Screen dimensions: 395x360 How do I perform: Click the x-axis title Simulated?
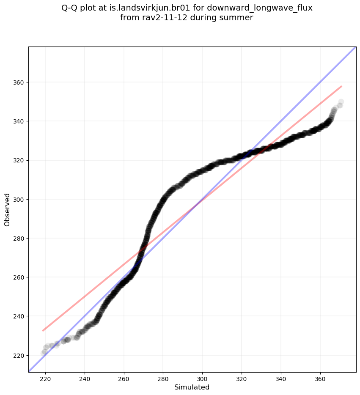pyautogui.click(x=192, y=387)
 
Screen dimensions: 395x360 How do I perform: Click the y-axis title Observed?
pyautogui.click(x=7, y=209)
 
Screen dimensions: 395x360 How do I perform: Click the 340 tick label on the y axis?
pyautogui.click(x=19, y=121)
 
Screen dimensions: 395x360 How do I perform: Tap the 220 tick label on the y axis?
pyautogui.click(x=19, y=355)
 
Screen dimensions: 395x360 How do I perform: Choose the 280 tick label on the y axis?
pyautogui.click(x=19, y=238)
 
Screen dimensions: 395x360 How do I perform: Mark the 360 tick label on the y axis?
pyautogui.click(x=19, y=82)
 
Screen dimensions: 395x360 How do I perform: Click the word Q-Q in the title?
pyautogui.click(x=70, y=8)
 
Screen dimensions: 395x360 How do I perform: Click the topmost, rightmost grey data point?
pyautogui.click(x=341, y=102)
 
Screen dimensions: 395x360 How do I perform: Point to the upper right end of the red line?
pyautogui.click(x=341, y=86)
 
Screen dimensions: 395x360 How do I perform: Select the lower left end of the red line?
pyautogui.click(x=42, y=331)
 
